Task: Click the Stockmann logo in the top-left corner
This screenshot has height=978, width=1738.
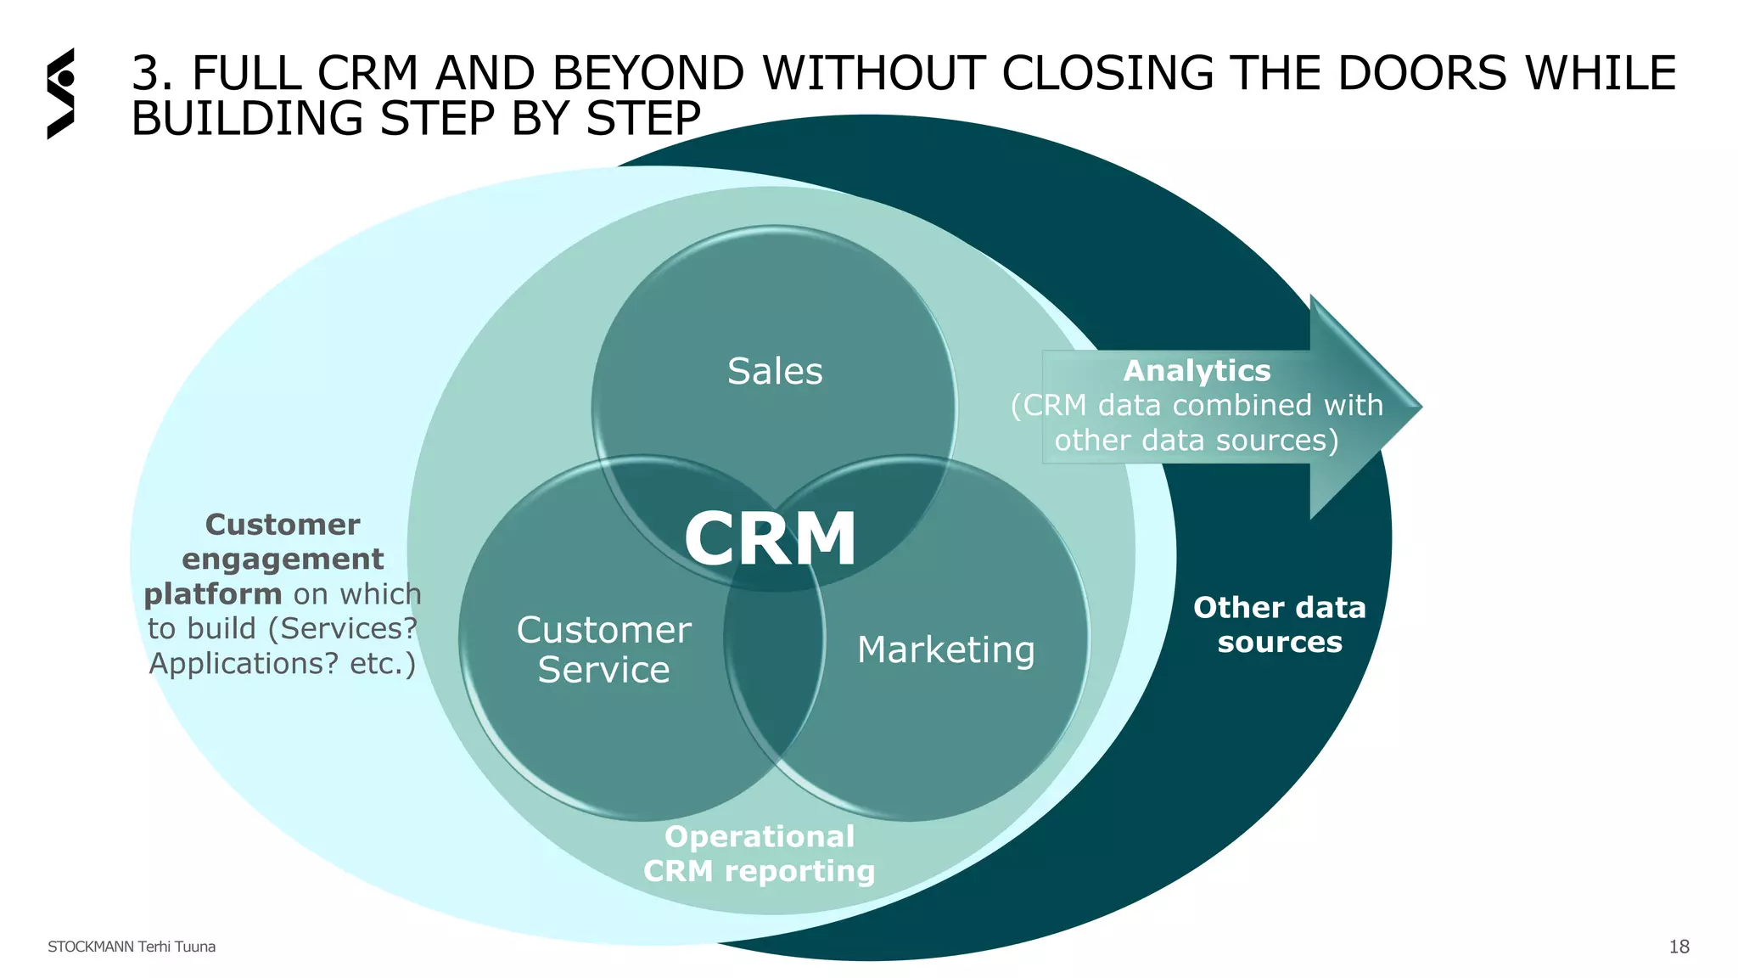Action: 61,93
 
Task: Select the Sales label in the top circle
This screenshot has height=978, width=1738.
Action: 775,371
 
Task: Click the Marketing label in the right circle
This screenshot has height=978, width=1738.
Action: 946,650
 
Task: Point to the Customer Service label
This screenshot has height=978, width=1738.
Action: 603,649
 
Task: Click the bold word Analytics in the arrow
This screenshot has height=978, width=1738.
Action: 1197,371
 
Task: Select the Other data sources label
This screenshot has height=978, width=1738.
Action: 1280,625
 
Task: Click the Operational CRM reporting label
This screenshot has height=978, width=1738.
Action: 760,854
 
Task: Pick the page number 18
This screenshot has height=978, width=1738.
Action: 1679,947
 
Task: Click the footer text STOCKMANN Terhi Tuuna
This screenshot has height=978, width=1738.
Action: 132,947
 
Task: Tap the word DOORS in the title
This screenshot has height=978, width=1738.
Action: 1422,73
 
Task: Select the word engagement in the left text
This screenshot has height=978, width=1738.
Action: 283,559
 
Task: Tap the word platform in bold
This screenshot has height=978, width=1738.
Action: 212,594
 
